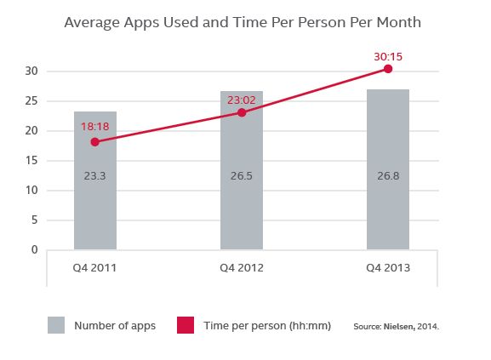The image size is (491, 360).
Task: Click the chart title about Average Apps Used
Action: (x=245, y=20)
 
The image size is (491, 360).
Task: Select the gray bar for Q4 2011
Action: (x=94, y=204)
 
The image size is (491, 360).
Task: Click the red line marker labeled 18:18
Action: (x=94, y=142)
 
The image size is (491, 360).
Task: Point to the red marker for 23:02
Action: (x=242, y=112)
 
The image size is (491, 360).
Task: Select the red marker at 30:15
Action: (x=388, y=68)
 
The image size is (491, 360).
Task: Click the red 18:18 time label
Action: (x=94, y=126)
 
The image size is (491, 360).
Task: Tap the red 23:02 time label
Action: (x=242, y=99)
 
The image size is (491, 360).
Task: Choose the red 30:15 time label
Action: (x=387, y=55)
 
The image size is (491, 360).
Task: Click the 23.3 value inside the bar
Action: (x=94, y=177)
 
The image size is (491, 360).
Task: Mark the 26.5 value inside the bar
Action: (x=242, y=177)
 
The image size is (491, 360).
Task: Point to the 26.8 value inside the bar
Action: (x=388, y=177)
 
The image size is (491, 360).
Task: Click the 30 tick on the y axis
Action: (x=31, y=71)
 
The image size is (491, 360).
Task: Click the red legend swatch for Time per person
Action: (x=185, y=325)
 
